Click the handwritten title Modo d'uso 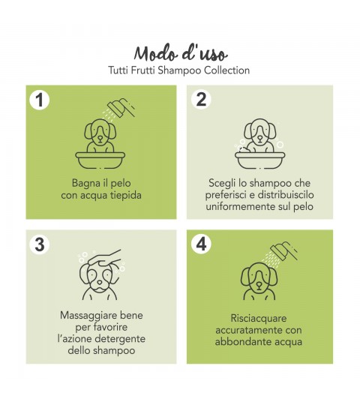pos(181,53)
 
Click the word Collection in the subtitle pos(227,70)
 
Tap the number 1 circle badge pos(40,100)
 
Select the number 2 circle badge pos(201,99)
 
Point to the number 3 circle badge pos(40,244)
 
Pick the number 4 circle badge pos(201,244)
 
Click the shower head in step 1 pos(121,108)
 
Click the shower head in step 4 pos(283,251)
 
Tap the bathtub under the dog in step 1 pos(100,160)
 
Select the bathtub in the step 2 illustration pos(259,160)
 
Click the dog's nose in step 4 pos(259,285)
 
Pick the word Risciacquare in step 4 pos(259,318)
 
